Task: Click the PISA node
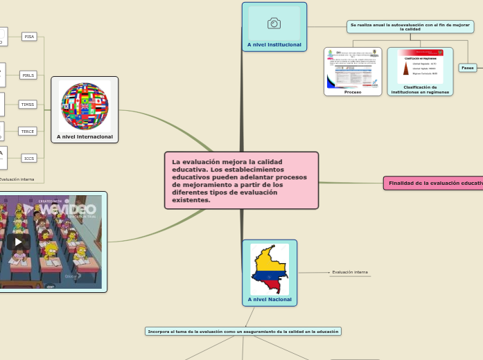[29, 37]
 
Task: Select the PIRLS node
[28, 75]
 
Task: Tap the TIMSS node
[28, 105]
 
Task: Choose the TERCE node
[28, 131]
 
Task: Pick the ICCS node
[29, 159]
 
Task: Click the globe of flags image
[85, 106]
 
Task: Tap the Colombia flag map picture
[270, 269]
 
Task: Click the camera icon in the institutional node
[274, 24]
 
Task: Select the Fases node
[468, 68]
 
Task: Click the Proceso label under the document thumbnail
[353, 91]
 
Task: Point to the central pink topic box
[241, 180]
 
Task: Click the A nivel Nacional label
[270, 300]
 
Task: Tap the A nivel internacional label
[85, 137]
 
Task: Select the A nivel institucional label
[274, 44]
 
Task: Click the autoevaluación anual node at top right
[410, 26]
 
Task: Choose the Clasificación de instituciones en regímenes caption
[420, 89]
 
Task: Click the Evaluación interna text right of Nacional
[350, 272]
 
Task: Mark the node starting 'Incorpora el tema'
[243, 332]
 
